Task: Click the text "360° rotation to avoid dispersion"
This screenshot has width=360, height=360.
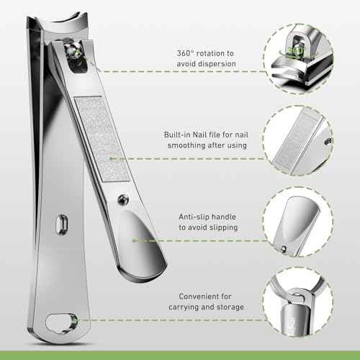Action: tap(206, 58)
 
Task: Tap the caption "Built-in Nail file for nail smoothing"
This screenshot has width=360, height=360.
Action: tap(206, 140)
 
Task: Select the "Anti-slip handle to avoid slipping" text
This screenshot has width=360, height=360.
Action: tap(208, 222)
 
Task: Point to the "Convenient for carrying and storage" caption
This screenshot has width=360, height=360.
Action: tap(207, 302)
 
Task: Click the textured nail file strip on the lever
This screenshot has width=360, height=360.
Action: tap(102, 139)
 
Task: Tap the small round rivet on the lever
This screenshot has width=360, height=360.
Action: tap(123, 199)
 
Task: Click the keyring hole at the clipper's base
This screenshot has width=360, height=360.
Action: tap(62, 323)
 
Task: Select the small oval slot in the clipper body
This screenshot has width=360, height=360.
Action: tap(62, 225)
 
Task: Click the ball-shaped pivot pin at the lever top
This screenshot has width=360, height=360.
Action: tap(73, 50)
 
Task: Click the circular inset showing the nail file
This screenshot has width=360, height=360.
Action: tap(298, 140)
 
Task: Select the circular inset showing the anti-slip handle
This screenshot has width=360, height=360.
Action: tap(298, 222)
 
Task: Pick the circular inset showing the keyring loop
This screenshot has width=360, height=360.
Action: tap(298, 302)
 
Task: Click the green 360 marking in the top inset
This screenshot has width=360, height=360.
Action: tap(296, 50)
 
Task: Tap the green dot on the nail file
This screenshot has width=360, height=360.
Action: tap(111, 158)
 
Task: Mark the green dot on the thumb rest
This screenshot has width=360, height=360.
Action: tap(135, 240)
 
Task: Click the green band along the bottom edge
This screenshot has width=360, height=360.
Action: tap(180, 355)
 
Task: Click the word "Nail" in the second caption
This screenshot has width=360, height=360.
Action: tap(199, 135)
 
